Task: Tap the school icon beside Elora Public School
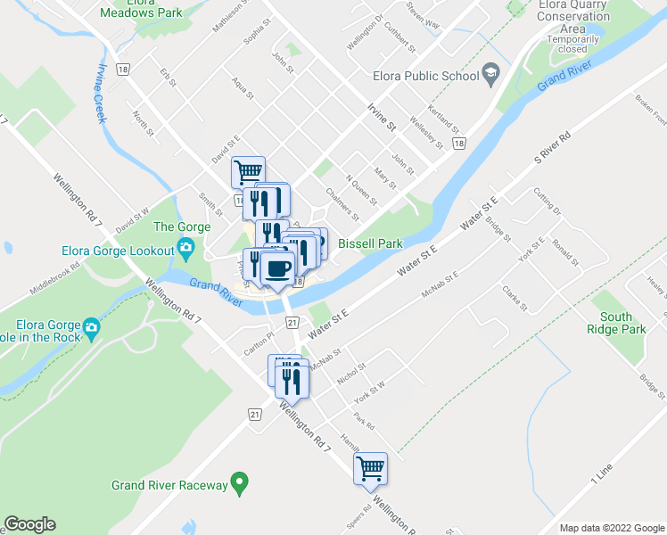click(490, 73)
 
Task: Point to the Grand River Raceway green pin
click(239, 484)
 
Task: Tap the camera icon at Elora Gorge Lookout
click(186, 247)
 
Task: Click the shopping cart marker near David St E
click(248, 171)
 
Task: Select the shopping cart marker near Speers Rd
click(370, 467)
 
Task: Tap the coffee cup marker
click(277, 267)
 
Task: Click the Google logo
click(29, 524)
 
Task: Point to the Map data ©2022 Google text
click(612, 528)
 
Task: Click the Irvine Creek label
click(101, 94)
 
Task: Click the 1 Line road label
click(603, 474)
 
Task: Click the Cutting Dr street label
click(548, 202)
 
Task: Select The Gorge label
click(182, 226)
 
